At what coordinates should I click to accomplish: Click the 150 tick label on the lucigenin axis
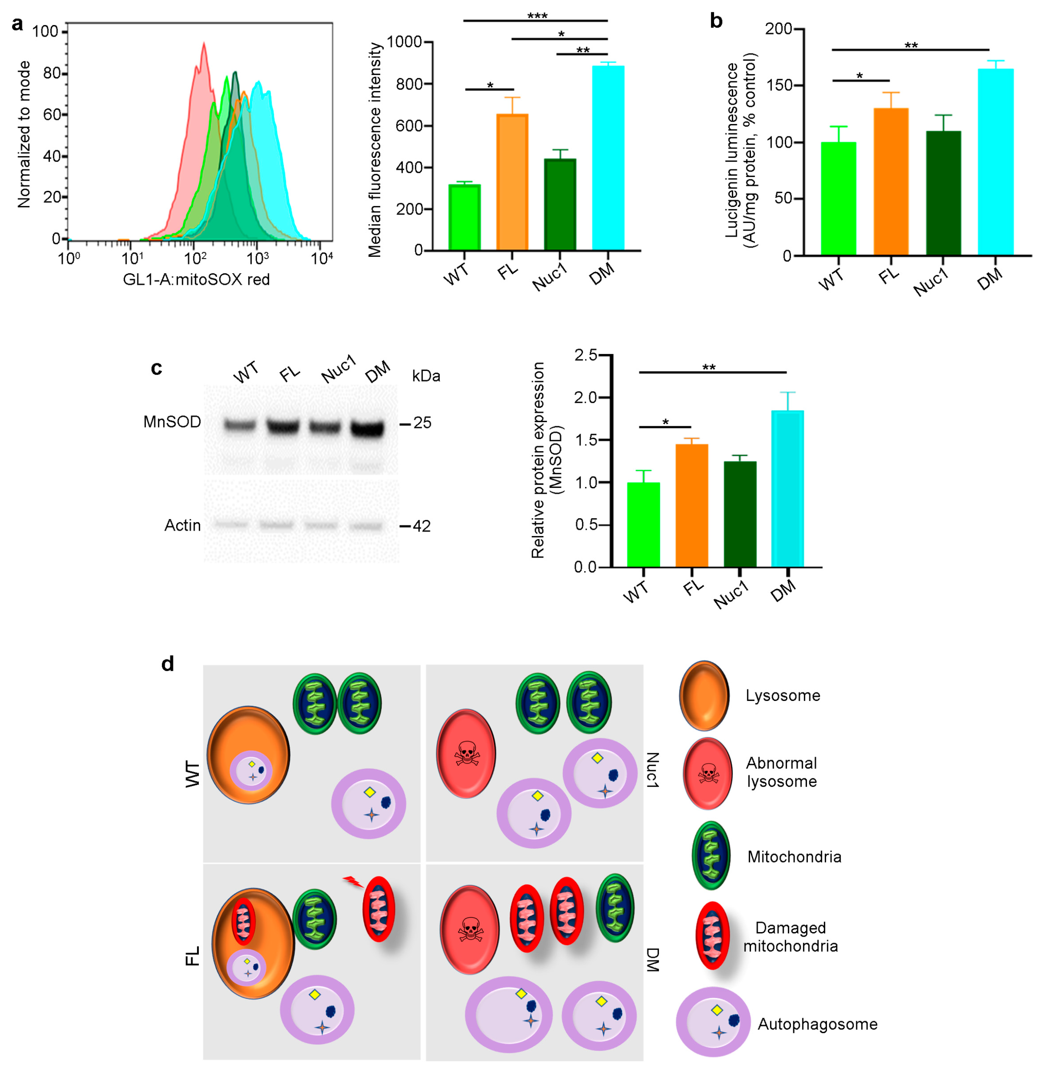(x=779, y=85)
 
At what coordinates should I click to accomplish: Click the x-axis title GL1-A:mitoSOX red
(x=196, y=280)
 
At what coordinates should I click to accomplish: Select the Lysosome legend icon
(x=704, y=695)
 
